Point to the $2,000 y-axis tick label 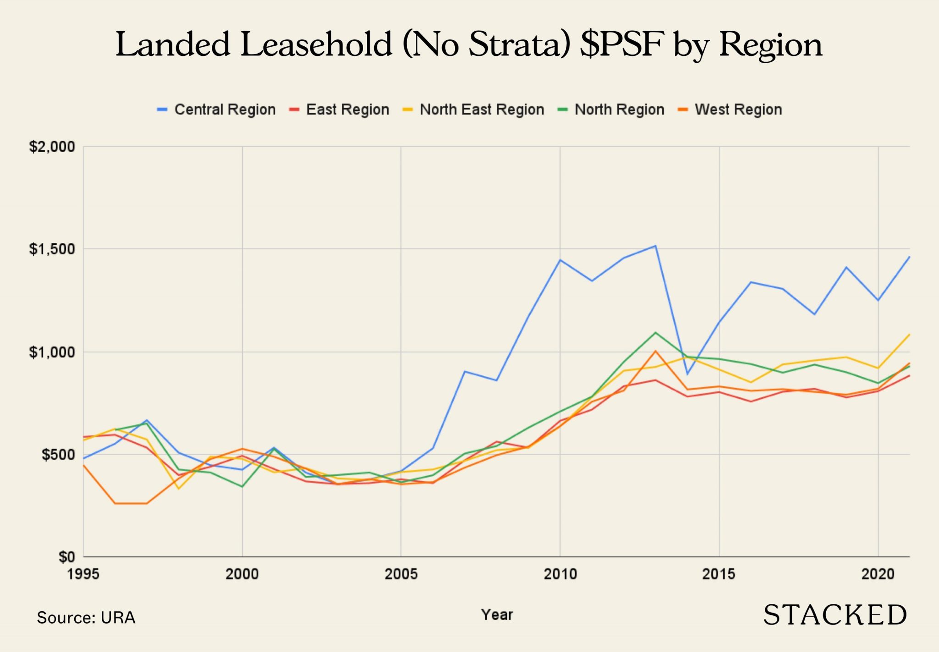pos(52,147)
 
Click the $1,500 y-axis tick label pos(52,249)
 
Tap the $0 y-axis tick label pos(66,557)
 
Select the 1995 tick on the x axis pos(83,574)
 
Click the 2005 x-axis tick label pos(401,574)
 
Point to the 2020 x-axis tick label pos(878,574)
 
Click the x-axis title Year pos(497,614)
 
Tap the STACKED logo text pos(835,615)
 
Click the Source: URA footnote pos(86,618)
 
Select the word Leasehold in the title pos(317,45)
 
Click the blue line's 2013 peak pos(656,246)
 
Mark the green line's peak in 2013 pos(656,333)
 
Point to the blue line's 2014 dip pos(687,374)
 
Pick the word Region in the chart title pos(770,45)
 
